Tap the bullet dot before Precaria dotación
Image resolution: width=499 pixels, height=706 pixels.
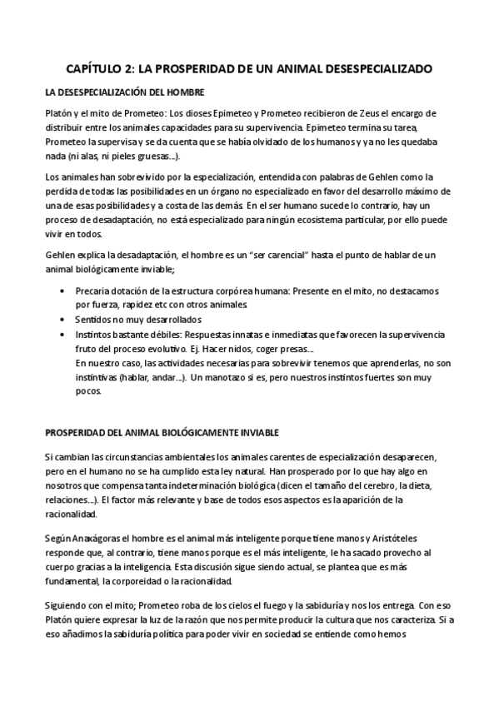coord(64,291)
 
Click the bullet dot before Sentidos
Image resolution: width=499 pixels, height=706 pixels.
coord(64,319)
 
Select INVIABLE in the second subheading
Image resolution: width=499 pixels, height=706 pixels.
coord(258,434)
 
